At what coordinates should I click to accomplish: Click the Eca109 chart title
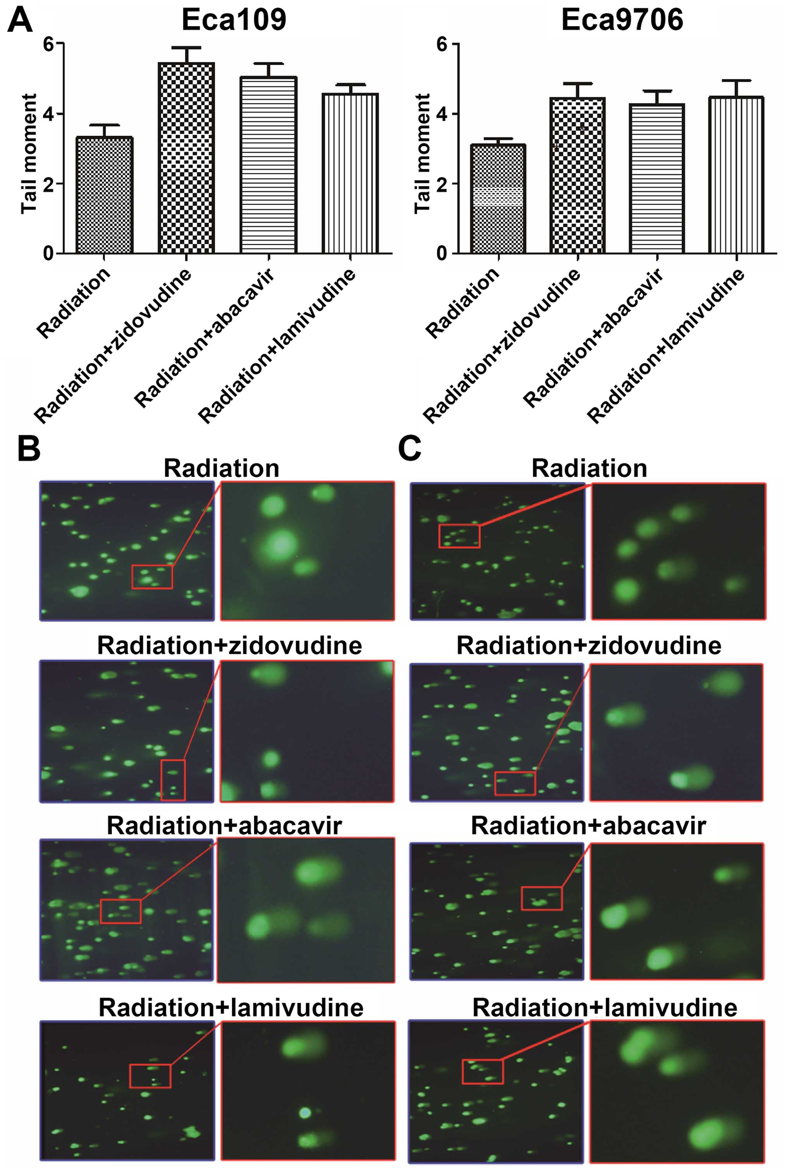pos(234,21)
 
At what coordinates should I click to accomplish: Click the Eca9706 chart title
pos(622,21)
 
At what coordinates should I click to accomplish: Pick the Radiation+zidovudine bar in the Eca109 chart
pos(186,158)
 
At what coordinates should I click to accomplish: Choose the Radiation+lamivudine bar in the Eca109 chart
pos(350,173)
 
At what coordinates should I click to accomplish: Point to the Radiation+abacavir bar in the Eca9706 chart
pos(657,178)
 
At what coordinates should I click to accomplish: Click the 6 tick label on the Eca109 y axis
pos(48,44)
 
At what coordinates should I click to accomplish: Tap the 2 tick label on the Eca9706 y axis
pos(442,184)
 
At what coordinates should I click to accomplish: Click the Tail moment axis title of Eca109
pos(29,153)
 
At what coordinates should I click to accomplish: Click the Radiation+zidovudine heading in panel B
pos(229,646)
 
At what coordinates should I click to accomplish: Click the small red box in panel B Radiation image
pos(152,577)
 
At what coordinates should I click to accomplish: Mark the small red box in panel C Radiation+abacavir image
pos(541,898)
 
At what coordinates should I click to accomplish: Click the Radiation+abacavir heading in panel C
pos(589,826)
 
